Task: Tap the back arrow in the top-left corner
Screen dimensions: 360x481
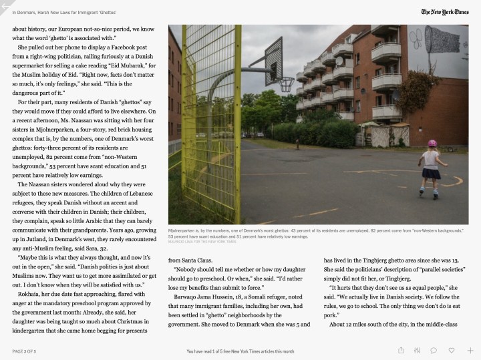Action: coord(5,6)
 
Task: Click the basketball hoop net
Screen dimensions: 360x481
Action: coord(287,85)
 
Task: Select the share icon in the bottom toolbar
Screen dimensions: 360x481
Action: coord(401,350)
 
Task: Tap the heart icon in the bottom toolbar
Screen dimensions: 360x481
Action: coord(452,350)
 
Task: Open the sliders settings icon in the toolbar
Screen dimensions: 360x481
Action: coord(418,350)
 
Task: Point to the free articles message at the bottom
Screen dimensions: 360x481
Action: coord(240,351)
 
